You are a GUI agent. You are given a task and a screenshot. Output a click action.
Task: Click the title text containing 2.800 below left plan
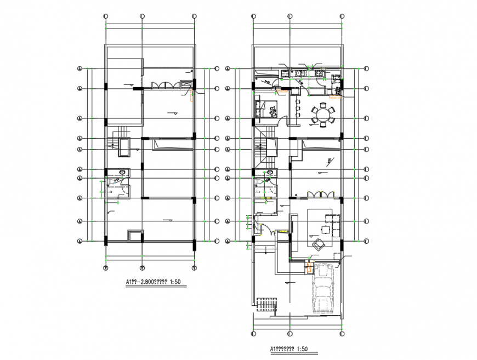pos(153,283)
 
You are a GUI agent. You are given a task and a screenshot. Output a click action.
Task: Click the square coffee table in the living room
pos(327,224)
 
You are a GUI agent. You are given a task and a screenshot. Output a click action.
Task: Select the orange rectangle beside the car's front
pos(309,267)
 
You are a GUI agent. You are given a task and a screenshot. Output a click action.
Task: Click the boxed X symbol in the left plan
pos(186,84)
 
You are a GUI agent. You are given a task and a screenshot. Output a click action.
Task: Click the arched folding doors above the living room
pos(320,194)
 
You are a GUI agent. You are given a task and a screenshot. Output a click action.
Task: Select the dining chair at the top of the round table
pos(323,102)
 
